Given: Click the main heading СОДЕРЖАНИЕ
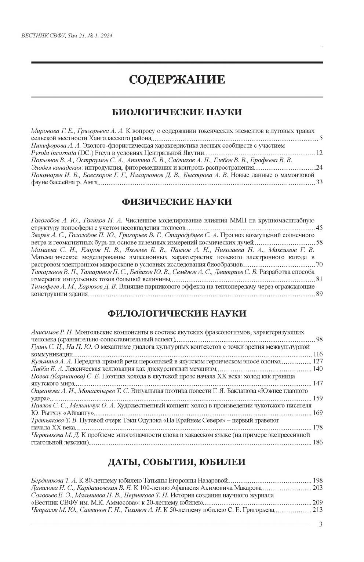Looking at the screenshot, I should pyautogui.click(x=176, y=79).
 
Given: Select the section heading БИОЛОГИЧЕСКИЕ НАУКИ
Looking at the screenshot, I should pyautogui.click(x=176, y=112).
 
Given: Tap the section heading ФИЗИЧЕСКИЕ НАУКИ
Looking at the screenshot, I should pyautogui.click(x=176, y=202).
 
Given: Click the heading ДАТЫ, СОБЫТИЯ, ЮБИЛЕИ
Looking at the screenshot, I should pyautogui.click(x=176, y=462).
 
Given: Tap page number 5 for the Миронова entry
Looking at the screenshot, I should pyautogui.click(x=321, y=138).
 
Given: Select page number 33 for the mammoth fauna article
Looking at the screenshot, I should pyautogui.click(x=319, y=182).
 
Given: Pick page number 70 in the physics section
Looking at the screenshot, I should pyautogui.click(x=319, y=264).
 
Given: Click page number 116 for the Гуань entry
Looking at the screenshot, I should pyautogui.click(x=318, y=354).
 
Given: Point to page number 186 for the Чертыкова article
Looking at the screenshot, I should pyautogui.click(x=318, y=442).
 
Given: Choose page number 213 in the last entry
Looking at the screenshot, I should pyautogui.click(x=317, y=510).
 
